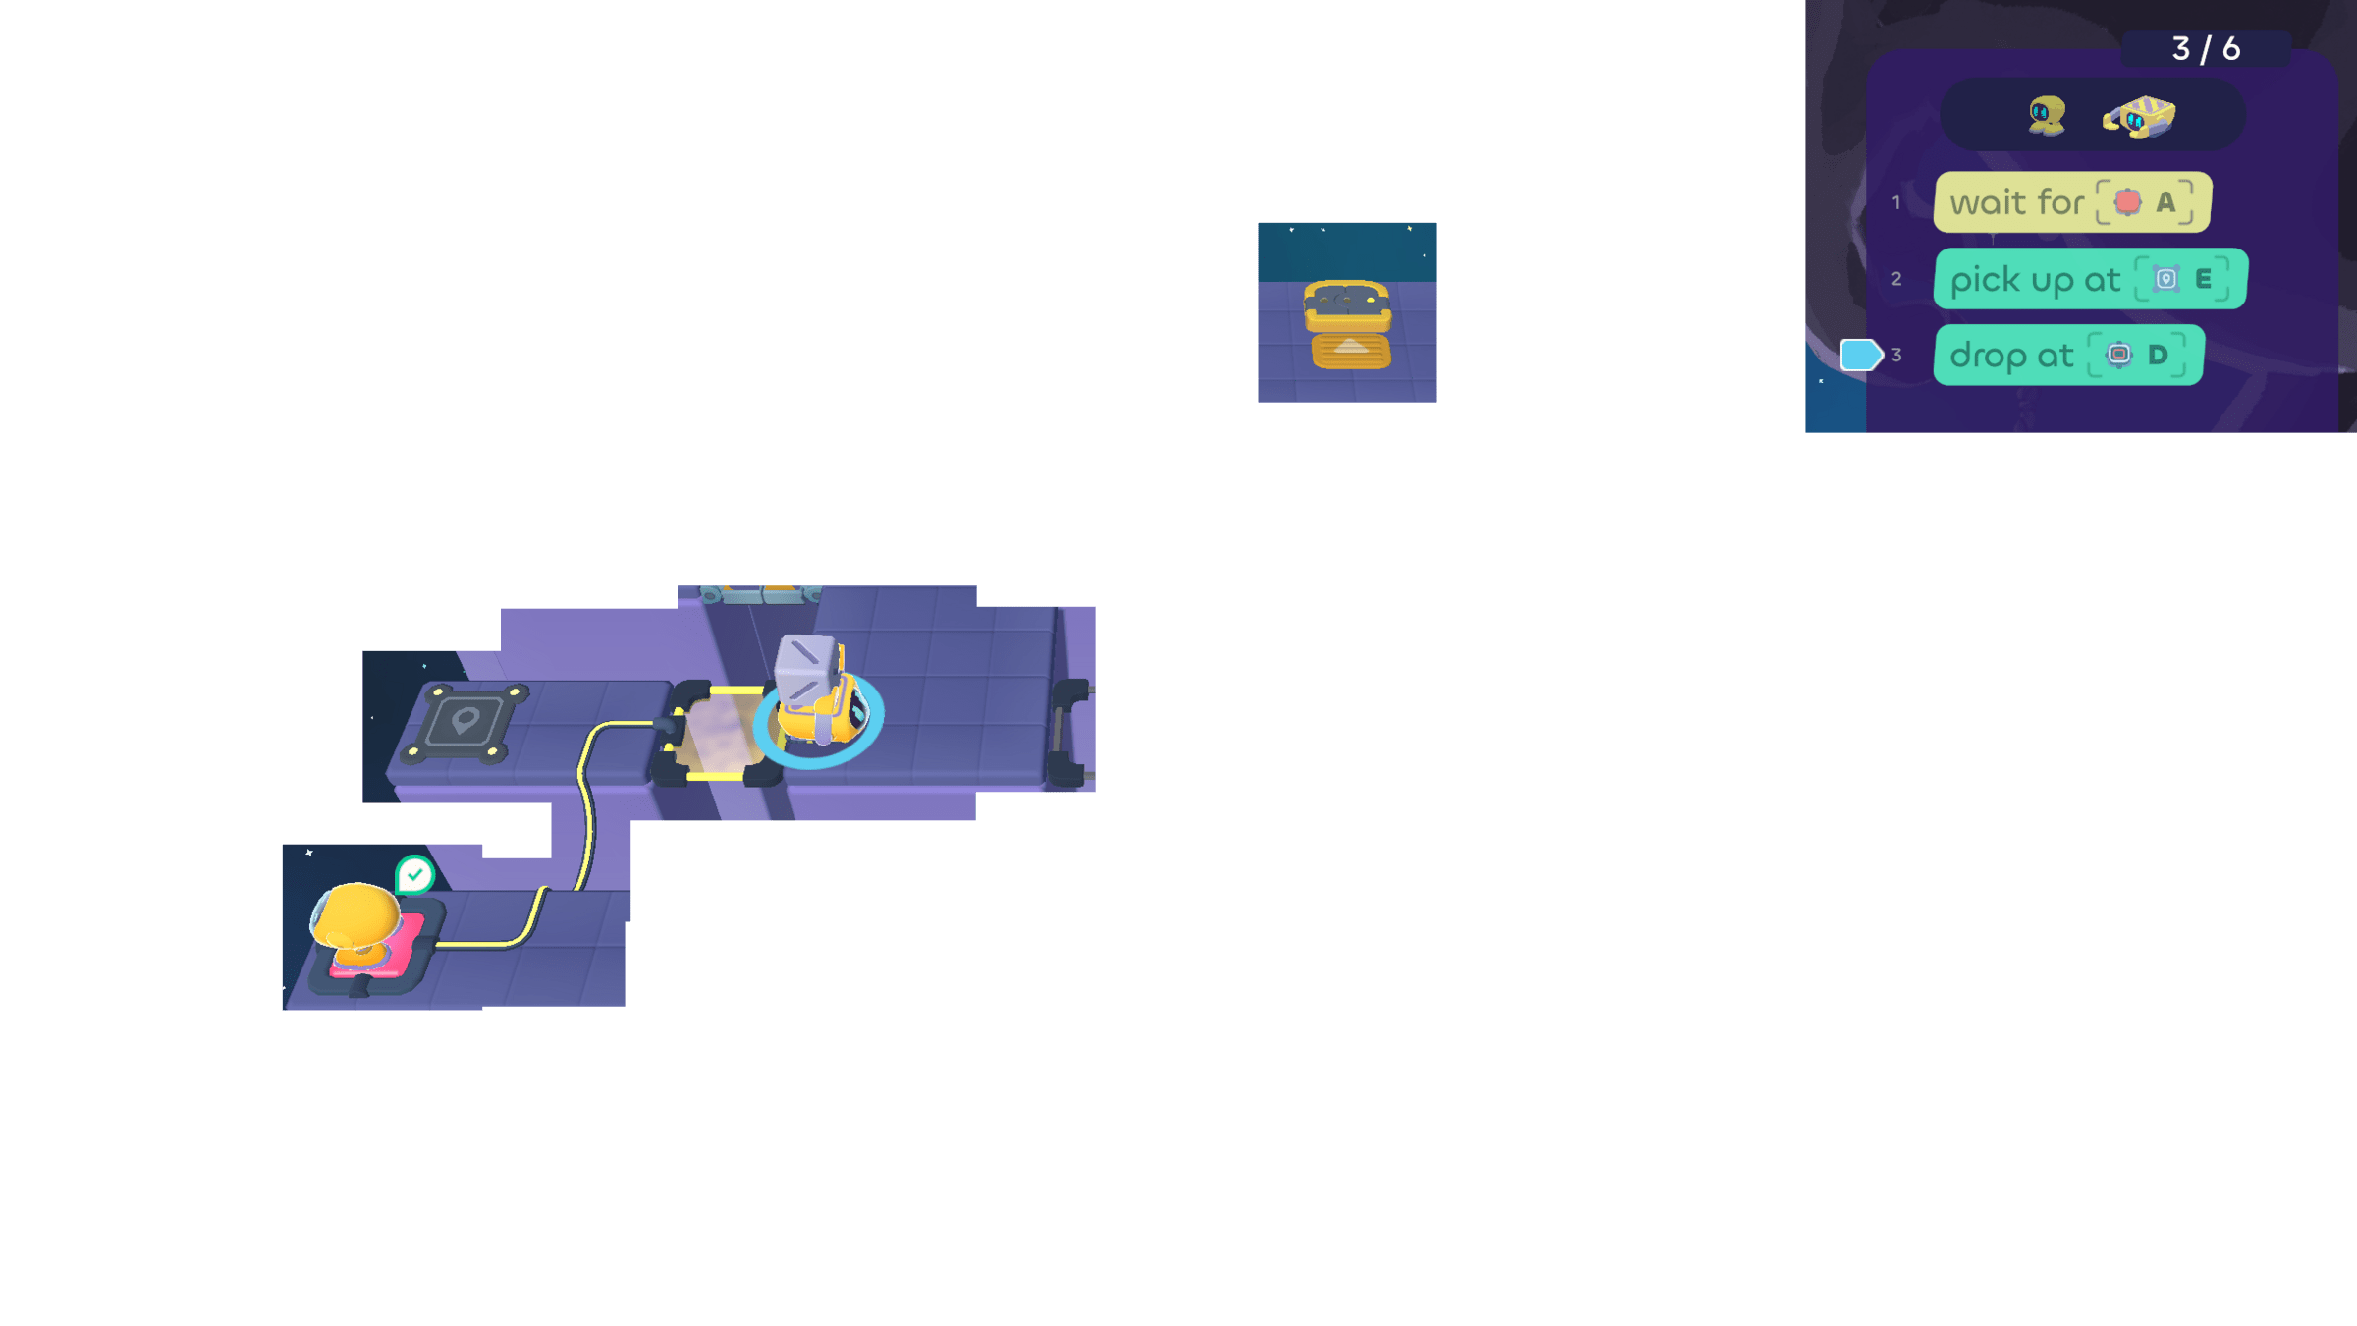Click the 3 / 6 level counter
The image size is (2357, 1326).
[2206, 48]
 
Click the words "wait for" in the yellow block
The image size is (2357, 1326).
[2016, 202]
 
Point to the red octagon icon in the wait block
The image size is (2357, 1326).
[2127, 202]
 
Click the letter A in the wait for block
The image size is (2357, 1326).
[2165, 202]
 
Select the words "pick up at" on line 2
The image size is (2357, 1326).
[2035, 280]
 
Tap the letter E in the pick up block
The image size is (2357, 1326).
[2204, 279]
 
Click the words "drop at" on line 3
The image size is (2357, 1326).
[2011, 356]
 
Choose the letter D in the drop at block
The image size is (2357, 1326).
[2158, 355]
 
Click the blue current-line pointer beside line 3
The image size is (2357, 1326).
[1860, 355]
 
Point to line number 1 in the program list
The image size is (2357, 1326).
[1896, 203]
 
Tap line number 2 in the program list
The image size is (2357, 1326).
[1896, 280]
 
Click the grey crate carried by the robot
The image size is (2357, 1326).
[806, 668]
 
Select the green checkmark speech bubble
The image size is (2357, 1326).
[414, 874]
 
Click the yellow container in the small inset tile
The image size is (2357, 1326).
[1347, 324]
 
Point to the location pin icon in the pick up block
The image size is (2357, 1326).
[2165, 279]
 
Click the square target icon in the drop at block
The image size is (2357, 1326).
[2118, 355]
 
